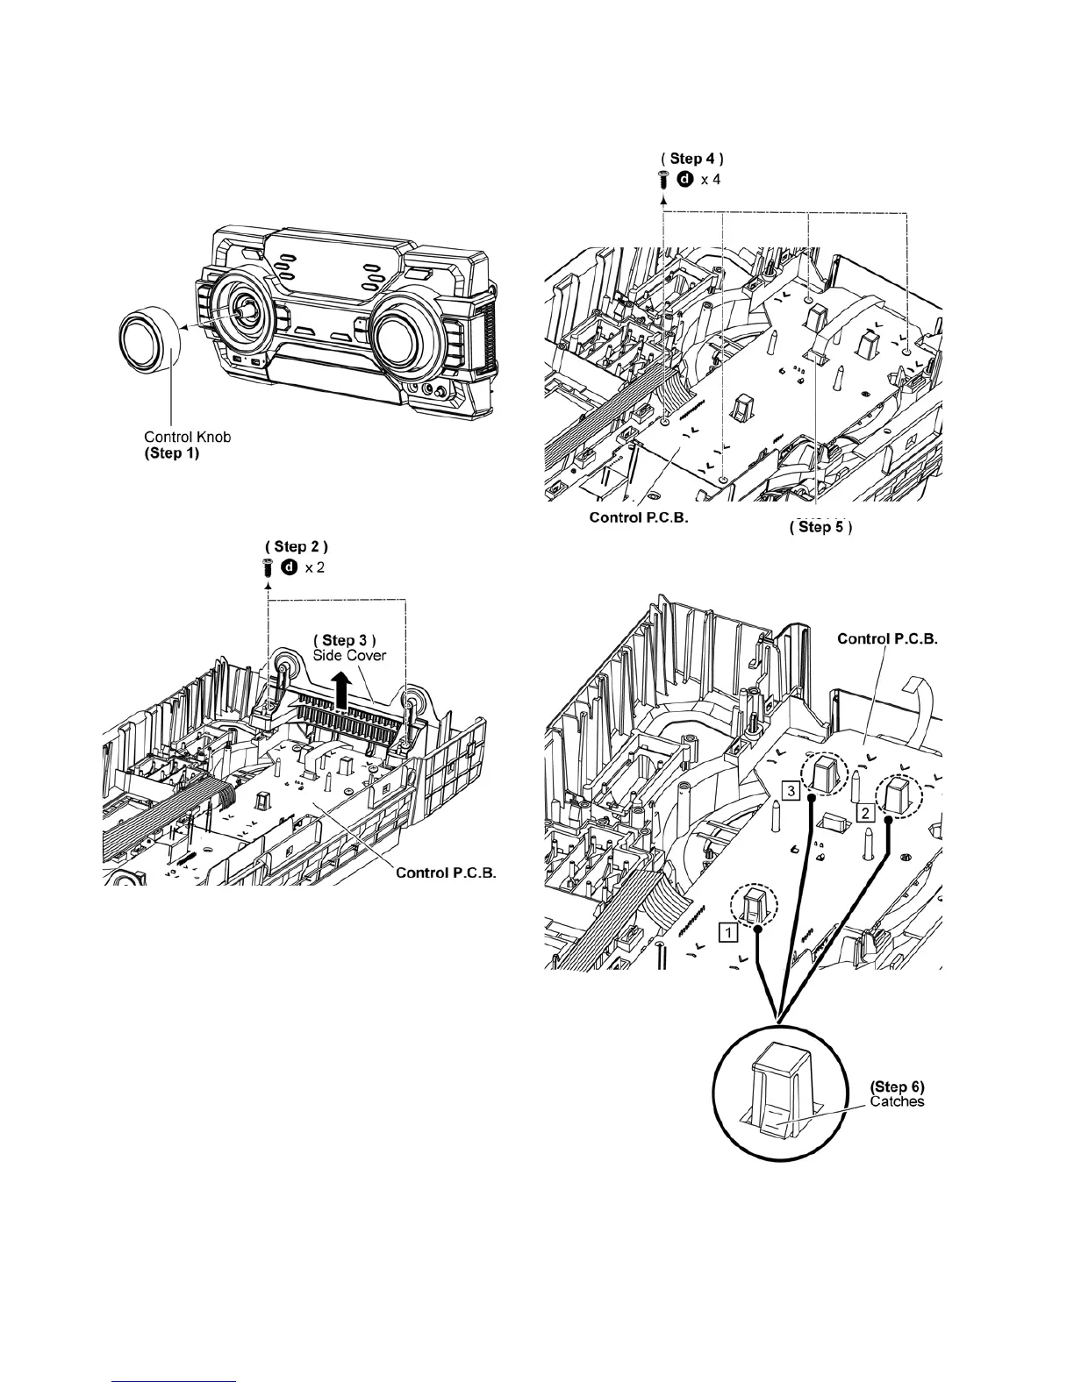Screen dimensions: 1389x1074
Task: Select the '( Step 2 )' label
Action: (x=297, y=547)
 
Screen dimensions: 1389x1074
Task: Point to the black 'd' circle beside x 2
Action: (x=288, y=567)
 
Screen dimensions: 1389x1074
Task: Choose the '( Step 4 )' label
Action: (x=692, y=159)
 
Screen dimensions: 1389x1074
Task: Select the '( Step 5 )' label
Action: (x=821, y=527)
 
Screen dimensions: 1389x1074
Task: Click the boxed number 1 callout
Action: (x=727, y=933)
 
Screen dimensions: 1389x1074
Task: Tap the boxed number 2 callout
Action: (x=865, y=813)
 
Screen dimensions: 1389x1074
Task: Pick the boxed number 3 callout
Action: (x=791, y=792)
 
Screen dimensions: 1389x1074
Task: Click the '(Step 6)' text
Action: (x=896, y=1086)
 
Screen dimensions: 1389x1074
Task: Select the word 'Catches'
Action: (x=897, y=1101)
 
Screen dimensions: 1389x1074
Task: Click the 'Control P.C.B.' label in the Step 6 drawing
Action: (x=888, y=638)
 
